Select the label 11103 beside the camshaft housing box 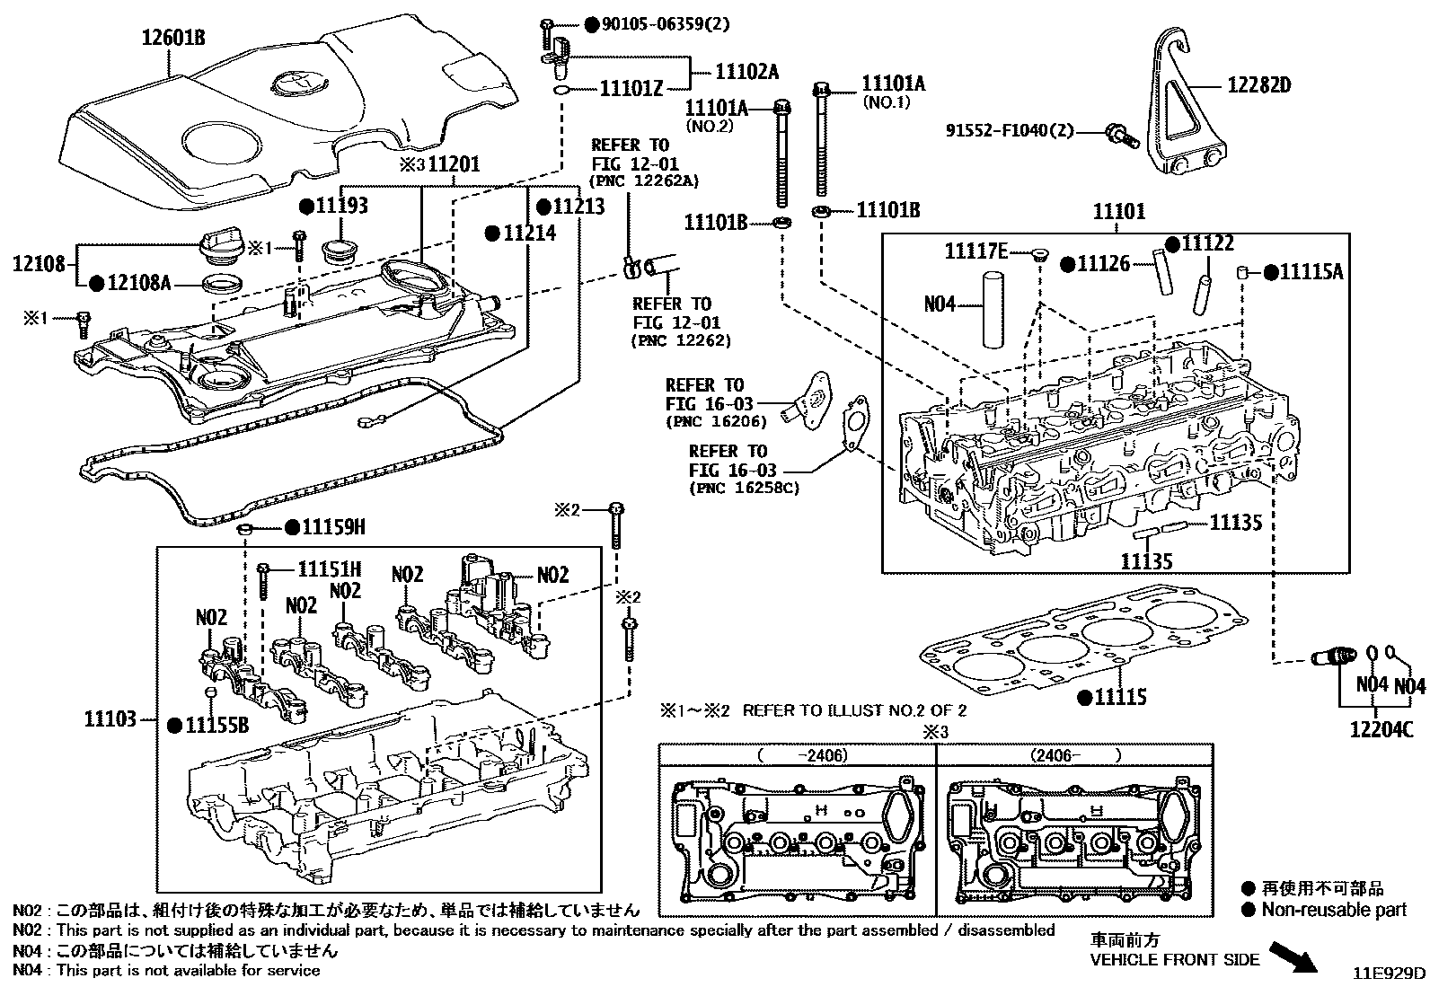coord(110,718)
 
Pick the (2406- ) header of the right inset coord(1074,755)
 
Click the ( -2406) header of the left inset coord(802,755)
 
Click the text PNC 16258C coord(744,489)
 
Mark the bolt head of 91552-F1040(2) coord(1117,133)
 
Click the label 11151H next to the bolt coord(329,569)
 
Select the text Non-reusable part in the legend coord(1333,910)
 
